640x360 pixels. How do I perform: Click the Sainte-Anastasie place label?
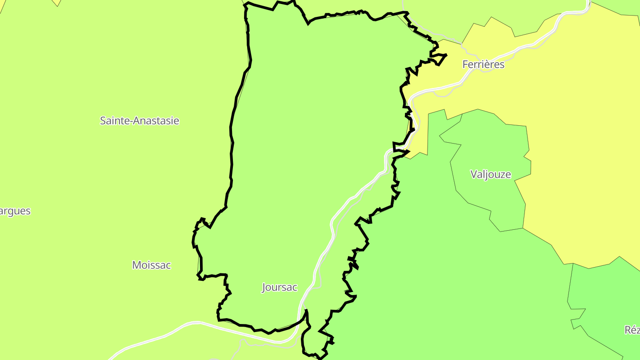pos(140,120)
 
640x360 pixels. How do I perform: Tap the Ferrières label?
pos(484,64)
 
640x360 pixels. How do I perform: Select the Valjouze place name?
pos(491,174)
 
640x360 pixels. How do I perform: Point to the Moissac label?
pos(152,265)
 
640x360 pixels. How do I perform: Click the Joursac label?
pos(280,287)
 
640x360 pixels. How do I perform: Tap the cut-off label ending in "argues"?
pos(15,211)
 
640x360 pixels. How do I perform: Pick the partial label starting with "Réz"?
pos(632,330)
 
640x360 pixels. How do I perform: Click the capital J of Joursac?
pos(264,288)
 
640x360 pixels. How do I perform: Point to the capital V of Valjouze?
pos(474,174)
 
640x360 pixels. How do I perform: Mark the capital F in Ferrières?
pos(465,64)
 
